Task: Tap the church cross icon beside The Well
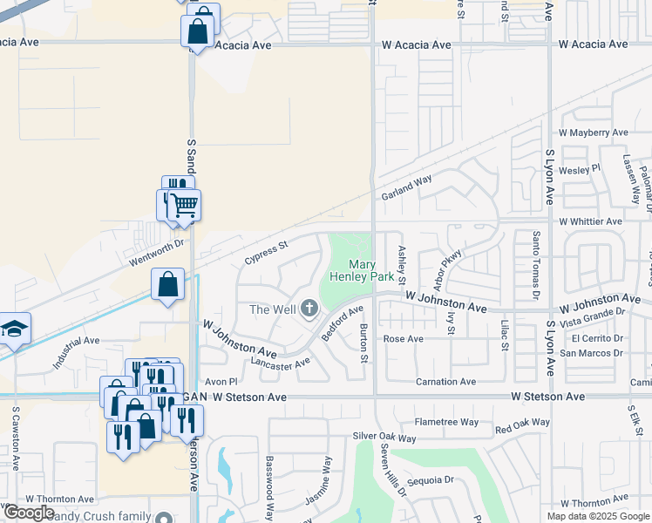click(309, 309)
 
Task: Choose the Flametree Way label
click(446, 422)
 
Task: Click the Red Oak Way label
click(523, 427)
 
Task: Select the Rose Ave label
click(403, 339)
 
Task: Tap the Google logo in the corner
click(29, 513)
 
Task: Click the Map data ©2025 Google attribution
click(599, 516)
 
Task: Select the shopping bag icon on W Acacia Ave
click(199, 31)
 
